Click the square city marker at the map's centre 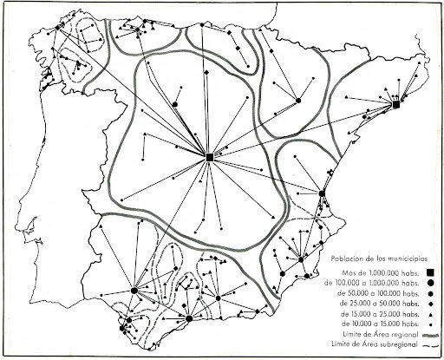pyautogui.click(x=210, y=156)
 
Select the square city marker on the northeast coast pyautogui.click(x=395, y=105)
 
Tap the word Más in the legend pyautogui.click(x=339, y=271)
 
